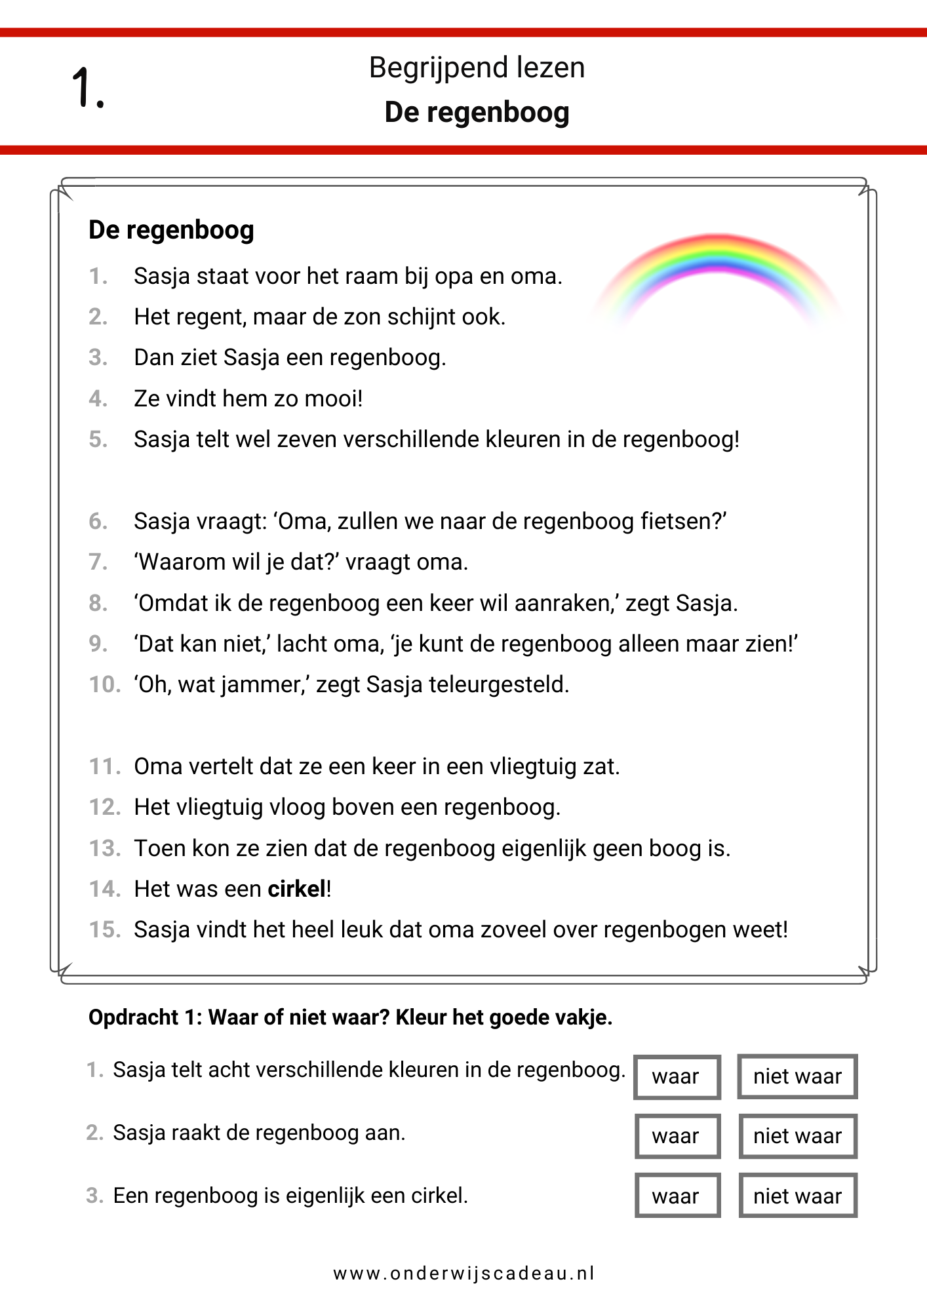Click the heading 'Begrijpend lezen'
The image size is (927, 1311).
(477, 68)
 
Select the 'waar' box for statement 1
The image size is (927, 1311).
(677, 1076)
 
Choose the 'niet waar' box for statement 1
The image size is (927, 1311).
(797, 1076)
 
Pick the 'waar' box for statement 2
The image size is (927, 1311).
(677, 1136)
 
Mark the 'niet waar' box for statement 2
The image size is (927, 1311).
(797, 1136)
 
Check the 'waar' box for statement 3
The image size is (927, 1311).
(677, 1196)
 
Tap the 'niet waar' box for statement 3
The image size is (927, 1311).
(797, 1196)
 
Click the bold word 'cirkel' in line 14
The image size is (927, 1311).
(296, 890)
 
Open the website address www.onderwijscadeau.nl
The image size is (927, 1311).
(464, 1274)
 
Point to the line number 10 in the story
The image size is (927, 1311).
(105, 685)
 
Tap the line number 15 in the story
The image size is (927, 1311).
(105, 930)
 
